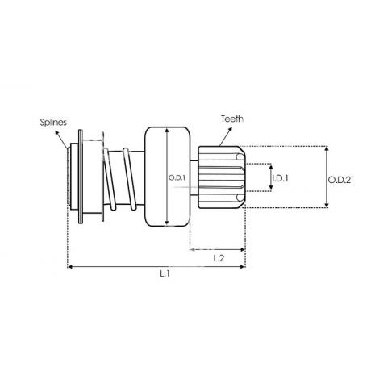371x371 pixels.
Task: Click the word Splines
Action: click(53, 123)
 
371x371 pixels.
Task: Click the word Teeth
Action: click(232, 119)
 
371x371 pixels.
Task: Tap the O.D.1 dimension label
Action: click(177, 177)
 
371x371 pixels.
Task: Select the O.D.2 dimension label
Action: click(340, 180)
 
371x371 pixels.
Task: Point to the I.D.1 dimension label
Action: click(280, 178)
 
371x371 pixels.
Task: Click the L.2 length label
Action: click(219, 258)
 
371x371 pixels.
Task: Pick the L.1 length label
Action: click(165, 274)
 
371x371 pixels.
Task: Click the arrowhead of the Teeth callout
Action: click(230, 129)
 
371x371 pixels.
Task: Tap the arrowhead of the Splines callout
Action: click(56, 132)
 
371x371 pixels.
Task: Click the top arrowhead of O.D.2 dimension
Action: click(327, 148)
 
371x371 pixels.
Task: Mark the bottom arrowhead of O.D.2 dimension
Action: click(327, 205)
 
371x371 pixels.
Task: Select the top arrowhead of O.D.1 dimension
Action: click(167, 131)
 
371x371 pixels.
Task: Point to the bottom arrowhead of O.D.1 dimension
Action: click(167, 223)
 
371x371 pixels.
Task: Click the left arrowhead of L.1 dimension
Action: click(70, 266)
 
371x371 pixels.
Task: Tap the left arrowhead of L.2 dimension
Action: click(192, 249)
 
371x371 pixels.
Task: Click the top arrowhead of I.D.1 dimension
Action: click(271, 168)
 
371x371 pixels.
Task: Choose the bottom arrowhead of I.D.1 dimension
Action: click(271, 187)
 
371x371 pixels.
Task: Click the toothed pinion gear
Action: click(222, 177)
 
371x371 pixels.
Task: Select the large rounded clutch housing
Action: click(168, 177)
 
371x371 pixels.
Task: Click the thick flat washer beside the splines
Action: click(81, 177)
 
